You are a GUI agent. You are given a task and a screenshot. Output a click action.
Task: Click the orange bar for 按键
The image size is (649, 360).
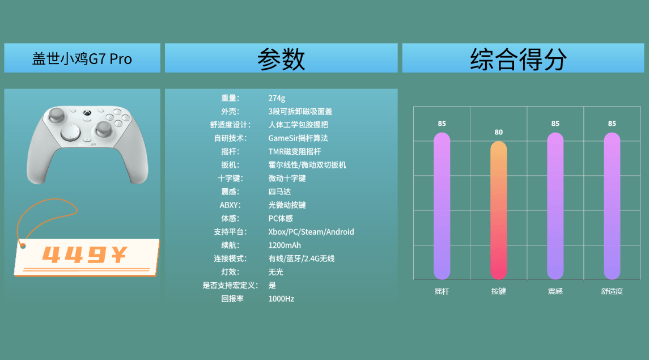tap(498, 210)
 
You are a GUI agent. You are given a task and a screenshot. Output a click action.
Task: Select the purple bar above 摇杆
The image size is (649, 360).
tap(442, 206)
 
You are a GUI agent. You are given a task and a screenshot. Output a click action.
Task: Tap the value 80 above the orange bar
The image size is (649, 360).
tap(498, 133)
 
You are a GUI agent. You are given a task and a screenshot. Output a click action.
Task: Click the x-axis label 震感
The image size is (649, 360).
tap(555, 291)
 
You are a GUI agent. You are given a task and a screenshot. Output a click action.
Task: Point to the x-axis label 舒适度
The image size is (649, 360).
tap(612, 291)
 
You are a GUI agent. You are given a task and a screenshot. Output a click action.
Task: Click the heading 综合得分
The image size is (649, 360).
tap(518, 59)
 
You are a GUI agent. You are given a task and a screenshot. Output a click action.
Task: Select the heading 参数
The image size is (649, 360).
tap(281, 59)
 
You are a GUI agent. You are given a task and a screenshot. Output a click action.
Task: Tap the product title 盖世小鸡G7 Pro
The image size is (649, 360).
tap(82, 59)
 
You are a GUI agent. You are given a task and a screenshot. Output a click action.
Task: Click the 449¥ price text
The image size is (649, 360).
tap(84, 255)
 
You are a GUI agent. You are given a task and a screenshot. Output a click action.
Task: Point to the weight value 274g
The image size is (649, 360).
tap(277, 98)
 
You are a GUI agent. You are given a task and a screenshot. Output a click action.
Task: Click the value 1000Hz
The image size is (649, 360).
tap(281, 299)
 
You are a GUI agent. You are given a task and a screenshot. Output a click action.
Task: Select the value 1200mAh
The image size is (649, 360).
tap(285, 245)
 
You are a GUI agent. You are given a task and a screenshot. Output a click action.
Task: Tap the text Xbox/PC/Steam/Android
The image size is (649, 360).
tap(311, 232)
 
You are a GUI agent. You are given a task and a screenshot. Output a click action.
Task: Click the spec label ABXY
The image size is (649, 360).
tap(230, 205)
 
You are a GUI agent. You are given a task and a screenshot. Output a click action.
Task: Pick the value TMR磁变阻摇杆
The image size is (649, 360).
tap(295, 151)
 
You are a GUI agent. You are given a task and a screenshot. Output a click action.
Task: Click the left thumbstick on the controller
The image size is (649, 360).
tap(57, 114)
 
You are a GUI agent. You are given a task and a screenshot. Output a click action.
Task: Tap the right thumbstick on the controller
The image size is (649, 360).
tap(104, 128)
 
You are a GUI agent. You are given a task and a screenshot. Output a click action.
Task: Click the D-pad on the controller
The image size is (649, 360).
tap(70, 133)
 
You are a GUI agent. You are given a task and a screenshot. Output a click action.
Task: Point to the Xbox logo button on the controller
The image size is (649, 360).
tap(87, 113)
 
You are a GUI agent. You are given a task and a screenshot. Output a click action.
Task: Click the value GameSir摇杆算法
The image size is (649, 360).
tap(298, 138)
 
